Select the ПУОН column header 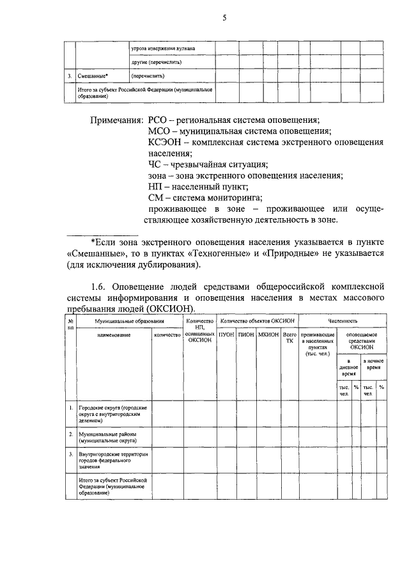pos(226,334)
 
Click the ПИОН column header pos(245,334)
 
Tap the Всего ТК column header pos(289,337)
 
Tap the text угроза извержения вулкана pos(163,48)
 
